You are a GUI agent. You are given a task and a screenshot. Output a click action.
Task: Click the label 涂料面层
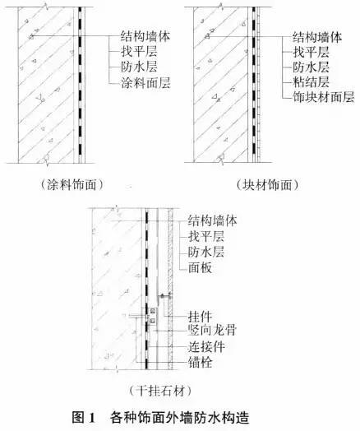click(145, 82)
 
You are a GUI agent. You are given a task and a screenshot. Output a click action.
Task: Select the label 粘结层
click(311, 82)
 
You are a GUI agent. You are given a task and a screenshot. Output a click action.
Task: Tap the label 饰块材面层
click(324, 97)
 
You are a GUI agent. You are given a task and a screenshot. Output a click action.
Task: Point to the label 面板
click(201, 267)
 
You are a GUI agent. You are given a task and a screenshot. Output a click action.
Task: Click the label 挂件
click(201, 317)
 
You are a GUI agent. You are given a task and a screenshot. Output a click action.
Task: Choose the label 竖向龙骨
click(212, 330)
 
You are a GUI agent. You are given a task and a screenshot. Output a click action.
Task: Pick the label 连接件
click(206, 347)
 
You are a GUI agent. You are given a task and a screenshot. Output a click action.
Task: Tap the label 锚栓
click(201, 362)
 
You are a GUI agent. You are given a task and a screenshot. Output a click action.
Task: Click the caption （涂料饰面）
click(72, 184)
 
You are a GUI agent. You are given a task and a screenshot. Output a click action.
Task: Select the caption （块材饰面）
click(267, 185)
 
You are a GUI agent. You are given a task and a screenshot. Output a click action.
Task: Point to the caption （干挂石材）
click(160, 391)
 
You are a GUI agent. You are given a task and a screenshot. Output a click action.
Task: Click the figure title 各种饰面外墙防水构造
click(179, 418)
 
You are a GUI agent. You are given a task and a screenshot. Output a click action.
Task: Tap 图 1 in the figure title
click(84, 418)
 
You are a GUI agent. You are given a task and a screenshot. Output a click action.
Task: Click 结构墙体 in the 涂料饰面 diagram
click(145, 36)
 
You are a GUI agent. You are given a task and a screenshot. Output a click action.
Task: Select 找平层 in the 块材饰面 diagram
click(311, 52)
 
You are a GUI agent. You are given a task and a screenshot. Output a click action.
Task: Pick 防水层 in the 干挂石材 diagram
click(206, 252)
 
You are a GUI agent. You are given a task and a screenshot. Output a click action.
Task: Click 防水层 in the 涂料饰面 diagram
click(139, 67)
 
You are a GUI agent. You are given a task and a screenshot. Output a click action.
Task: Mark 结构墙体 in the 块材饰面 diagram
click(317, 37)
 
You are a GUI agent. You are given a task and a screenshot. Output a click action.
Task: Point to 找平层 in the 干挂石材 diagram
click(206, 236)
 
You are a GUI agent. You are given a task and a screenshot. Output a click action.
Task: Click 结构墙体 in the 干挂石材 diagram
click(212, 220)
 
